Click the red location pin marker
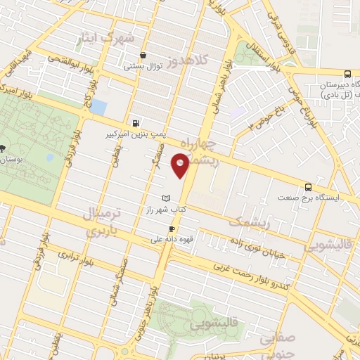pyautogui.click(x=181, y=166)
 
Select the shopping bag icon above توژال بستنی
pyautogui.click(x=143, y=56)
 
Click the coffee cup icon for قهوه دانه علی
pyautogui.click(x=171, y=229)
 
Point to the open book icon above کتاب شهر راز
pyautogui.click(x=166, y=199)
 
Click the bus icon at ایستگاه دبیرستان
pyautogui.click(x=307, y=70)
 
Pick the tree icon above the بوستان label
pyautogui.click(x=4, y=148)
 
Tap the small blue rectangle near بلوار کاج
pyautogui.click(x=99, y=108)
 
